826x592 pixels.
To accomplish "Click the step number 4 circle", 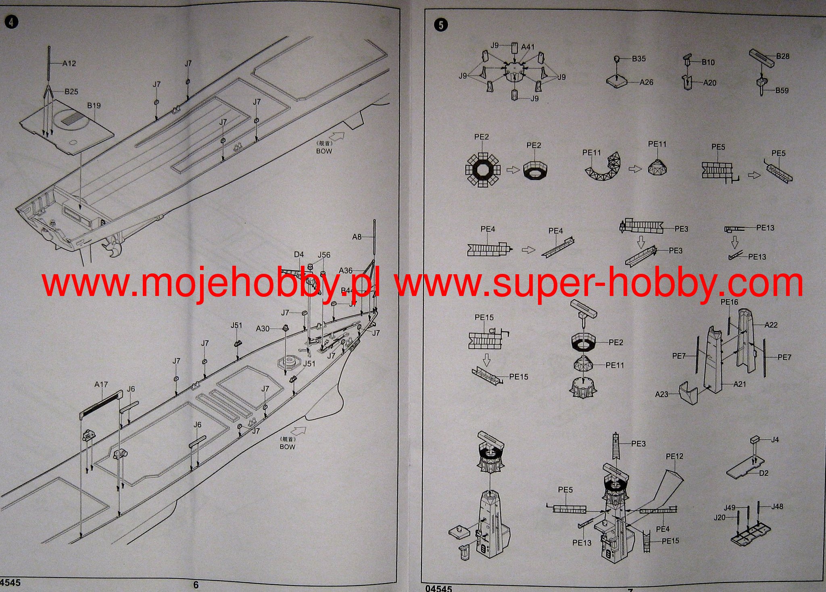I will pos(11,22).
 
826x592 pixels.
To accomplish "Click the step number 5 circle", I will pos(441,25).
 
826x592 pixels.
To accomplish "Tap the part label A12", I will pos(69,63).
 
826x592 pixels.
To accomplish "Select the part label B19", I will pos(94,106).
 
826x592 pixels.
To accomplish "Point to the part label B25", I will pos(71,92).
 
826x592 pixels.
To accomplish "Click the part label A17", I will pos(101,385).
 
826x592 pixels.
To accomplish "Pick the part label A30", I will pos(263,329).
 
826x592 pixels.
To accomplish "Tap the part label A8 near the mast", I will pos(357,237).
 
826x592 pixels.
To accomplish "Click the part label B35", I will pos(638,59).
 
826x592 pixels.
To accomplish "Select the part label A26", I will pos(646,82).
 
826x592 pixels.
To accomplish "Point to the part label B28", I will pos(782,56).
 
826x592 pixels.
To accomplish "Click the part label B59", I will pos(782,91).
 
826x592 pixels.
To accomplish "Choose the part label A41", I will pos(528,47).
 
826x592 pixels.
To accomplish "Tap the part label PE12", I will pos(674,457).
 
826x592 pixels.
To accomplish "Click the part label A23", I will pos(661,394).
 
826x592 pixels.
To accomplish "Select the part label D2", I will pos(763,473).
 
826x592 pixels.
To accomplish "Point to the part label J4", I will pos(775,440).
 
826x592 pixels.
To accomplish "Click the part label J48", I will pos(777,507).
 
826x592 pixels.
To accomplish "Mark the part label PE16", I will pos(729,302).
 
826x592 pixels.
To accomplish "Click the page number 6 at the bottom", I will pos(196,585).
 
